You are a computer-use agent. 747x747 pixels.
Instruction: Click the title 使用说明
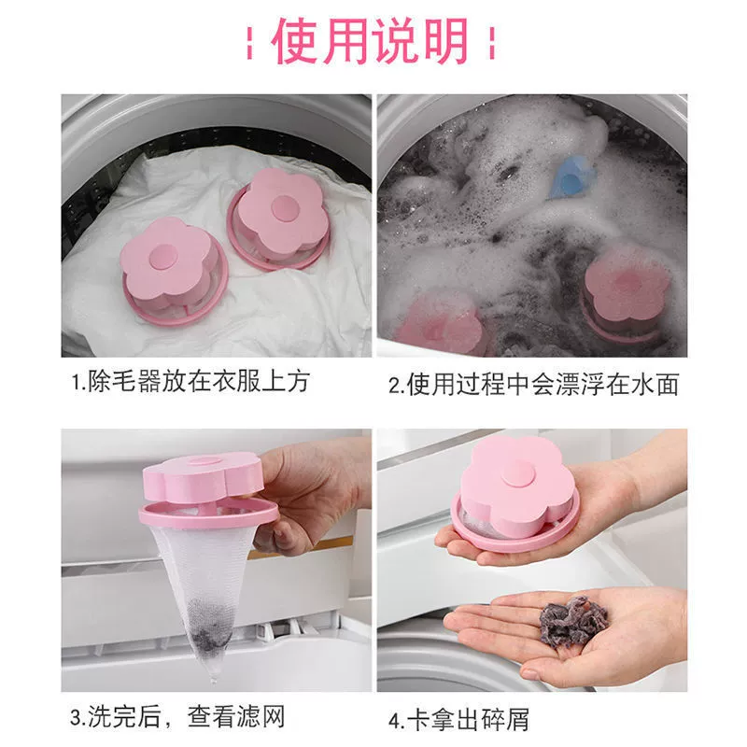tap(371, 40)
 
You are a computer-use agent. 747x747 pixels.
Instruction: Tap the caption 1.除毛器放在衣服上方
tap(190, 382)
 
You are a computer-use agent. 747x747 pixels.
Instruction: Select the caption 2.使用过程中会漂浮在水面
tap(533, 385)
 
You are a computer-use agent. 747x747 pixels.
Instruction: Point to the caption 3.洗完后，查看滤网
tap(177, 717)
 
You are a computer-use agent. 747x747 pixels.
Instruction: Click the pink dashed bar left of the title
tap(249, 43)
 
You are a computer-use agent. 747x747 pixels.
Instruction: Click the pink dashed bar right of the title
tap(493, 43)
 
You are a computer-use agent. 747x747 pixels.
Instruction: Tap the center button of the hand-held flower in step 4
tap(518, 474)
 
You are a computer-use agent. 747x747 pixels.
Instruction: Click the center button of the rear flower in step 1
tap(283, 207)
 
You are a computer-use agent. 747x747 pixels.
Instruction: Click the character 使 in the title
tap(295, 40)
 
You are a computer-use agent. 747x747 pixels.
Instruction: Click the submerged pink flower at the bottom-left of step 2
tap(439, 323)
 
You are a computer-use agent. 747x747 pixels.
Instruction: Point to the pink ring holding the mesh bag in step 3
tap(208, 515)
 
